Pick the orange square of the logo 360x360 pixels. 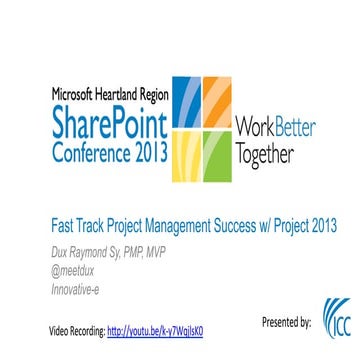pyautogui.click(x=219, y=101)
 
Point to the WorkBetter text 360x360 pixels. pyautogui.click(x=275, y=128)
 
